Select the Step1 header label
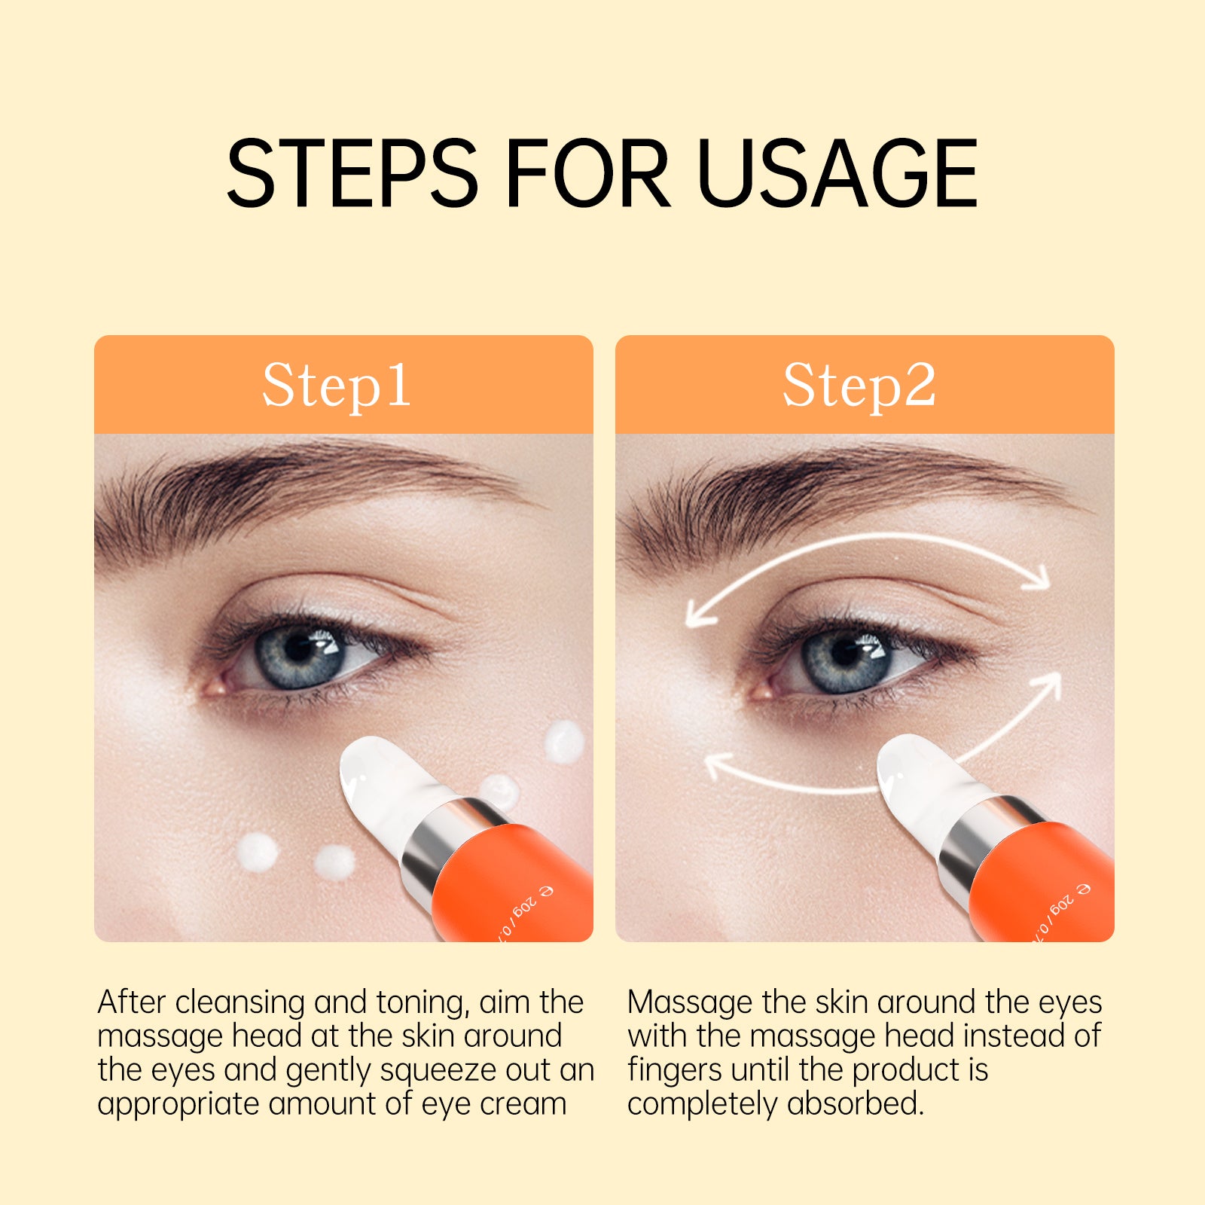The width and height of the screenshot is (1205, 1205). [x=336, y=386]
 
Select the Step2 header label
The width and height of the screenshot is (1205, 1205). [x=859, y=386]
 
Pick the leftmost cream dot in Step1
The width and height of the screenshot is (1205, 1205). [x=257, y=853]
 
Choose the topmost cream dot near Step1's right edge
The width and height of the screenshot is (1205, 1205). [x=564, y=741]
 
